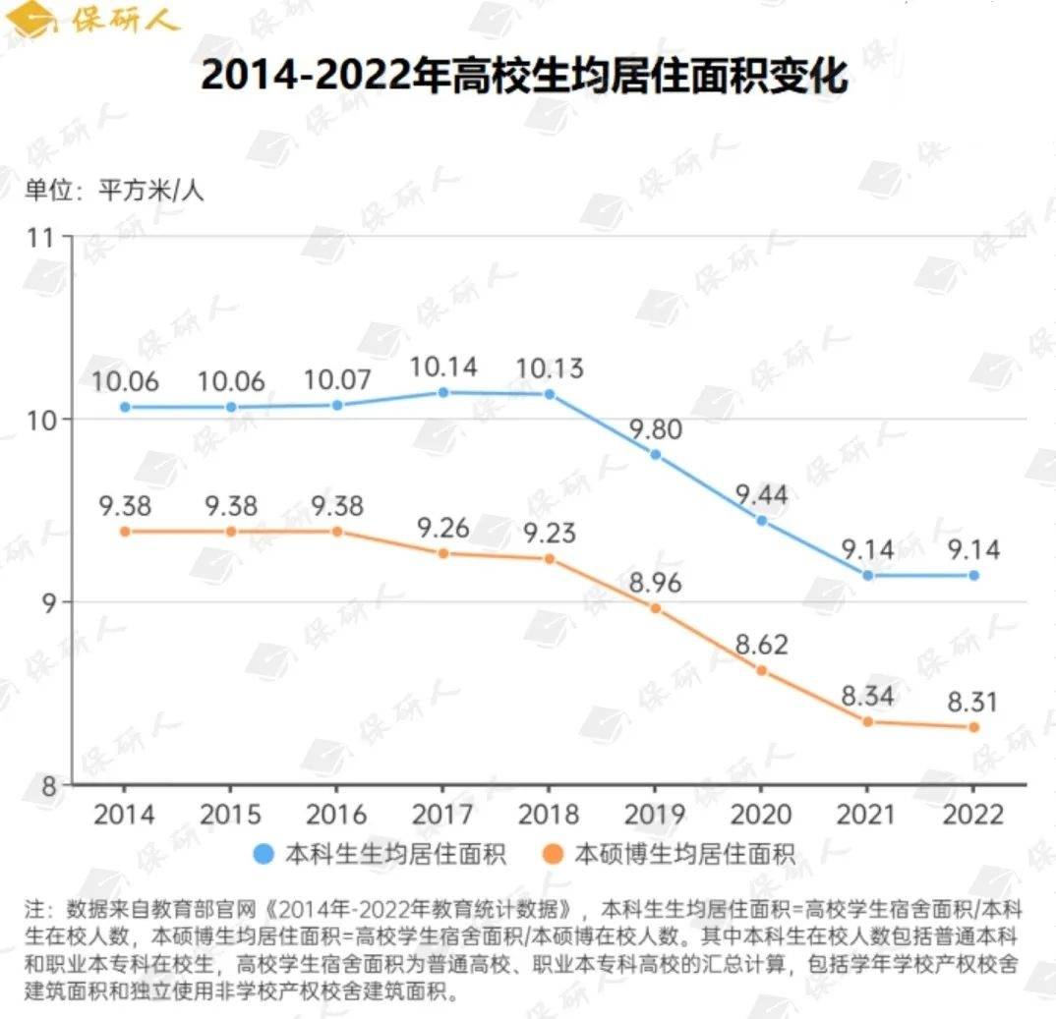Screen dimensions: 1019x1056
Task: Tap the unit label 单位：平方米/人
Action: pyautogui.click(x=114, y=190)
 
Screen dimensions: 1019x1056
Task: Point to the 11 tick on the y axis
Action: pyautogui.click(x=43, y=237)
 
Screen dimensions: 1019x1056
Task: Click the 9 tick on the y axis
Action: pyautogui.click(x=50, y=601)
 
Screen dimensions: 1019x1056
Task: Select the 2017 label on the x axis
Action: pyautogui.click(x=441, y=815)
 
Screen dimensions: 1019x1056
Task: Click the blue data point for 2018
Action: pyautogui.click(x=550, y=394)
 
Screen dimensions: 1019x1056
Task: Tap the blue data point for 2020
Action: pyautogui.click(x=761, y=520)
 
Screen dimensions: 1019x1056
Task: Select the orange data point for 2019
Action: pyautogui.click(x=656, y=608)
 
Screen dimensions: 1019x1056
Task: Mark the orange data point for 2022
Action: pyautogui.click(x=973, y=727)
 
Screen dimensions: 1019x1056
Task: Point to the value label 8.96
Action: pyautogui.click(x=656, y=584)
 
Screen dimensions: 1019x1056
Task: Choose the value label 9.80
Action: pyautogui.click(x=656, y=429)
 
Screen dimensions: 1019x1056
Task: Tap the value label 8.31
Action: pyautogui.click(x=973, y=703)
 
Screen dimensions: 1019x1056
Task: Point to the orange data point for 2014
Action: pyautogui.click(x=125, y=531)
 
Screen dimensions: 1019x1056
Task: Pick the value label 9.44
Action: pyautogui.click(x=761, y=495)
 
